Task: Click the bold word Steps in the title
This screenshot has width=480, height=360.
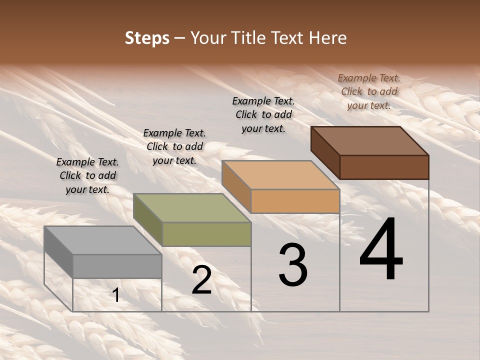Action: (x=147, y=38)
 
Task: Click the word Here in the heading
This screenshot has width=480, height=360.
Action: (x=327, y=38)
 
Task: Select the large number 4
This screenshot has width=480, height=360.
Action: (x=381, y=250)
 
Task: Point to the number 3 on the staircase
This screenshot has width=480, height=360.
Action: (x=293, y=265)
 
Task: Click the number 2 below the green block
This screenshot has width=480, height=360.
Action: (x=201, y=280)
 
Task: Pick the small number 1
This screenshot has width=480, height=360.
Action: (x=116, y=295)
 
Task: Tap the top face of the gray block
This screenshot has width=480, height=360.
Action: (x=102, y=240)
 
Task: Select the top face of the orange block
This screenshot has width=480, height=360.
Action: (x=280, y=175)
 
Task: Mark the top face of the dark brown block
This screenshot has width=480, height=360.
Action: (x=369, y=141)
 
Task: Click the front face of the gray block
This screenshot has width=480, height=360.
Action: (x=117, y=266)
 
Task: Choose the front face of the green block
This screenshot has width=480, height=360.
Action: (x=206, y=234)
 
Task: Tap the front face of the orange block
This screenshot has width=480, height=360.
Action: (x=295, y=201)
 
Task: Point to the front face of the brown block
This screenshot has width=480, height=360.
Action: (x=384, y=167)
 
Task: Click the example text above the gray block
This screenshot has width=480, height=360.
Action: (x=87, y=175)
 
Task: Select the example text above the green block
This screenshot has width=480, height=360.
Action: (x=174, y=146)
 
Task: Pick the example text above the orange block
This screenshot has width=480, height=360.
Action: (x=263, y=114)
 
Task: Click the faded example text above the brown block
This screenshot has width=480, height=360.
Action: (x=369, y=91)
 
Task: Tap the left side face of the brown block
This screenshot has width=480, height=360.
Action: (x=325, y=152)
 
